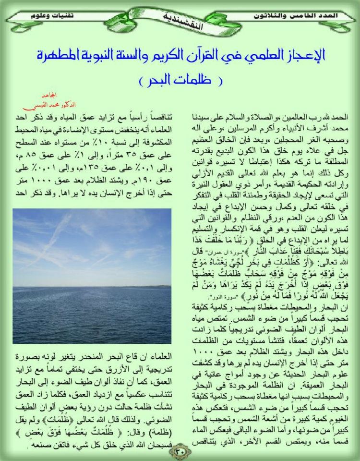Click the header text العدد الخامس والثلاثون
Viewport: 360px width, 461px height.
click(x=302, y=16)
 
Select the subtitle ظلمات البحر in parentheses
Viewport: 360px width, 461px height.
click(x=180, y=79)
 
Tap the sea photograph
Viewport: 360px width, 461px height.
click(x=92, y=276)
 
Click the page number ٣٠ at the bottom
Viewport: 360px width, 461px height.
click(x=180, y=451)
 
